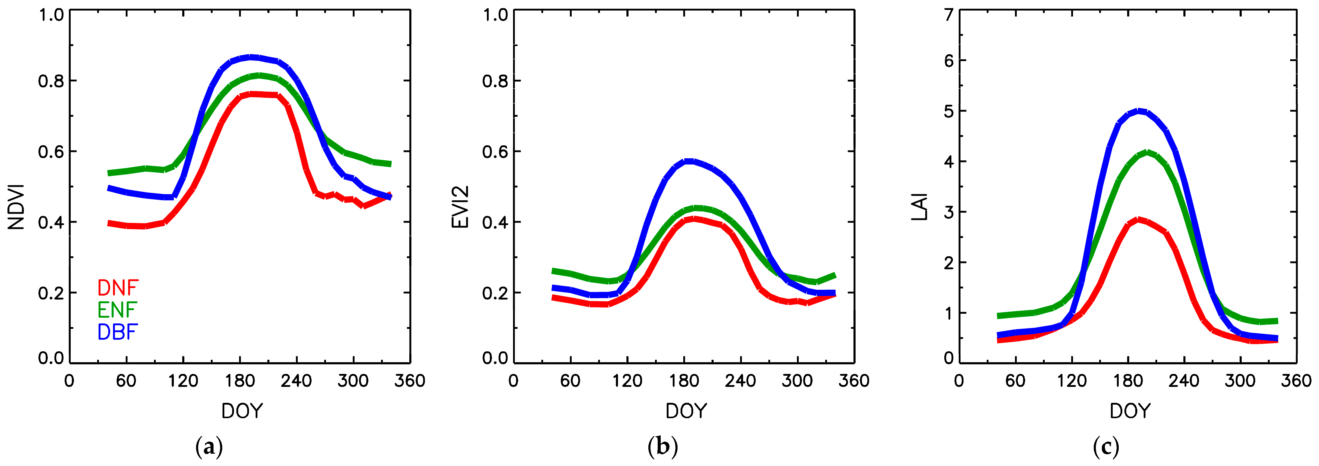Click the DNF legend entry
click(118, 288)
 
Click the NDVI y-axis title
click(16, 207)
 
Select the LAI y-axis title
click(920, 207)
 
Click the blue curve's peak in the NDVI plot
click(251, 57)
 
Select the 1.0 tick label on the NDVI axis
click(51, 14)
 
